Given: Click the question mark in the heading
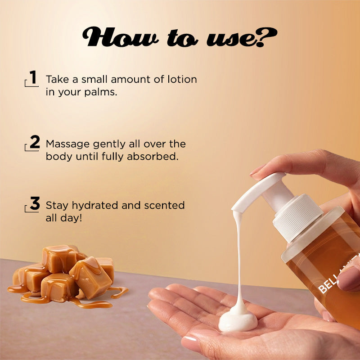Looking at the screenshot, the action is click(x=266, y=37).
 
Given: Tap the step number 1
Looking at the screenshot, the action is click(x=33, y=77).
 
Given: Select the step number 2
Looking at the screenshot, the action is click(x=35, y=142).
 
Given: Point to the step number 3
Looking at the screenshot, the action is click(x=35, y=203).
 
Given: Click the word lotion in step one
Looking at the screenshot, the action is click(x=182, y=79).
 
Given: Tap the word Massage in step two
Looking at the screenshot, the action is click(x=67, y=144).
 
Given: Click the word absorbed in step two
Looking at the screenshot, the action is click(x=153, y=156).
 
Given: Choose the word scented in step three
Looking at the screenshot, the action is click(x=164, y=205).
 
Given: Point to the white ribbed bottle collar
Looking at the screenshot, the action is click(x=297, y=218).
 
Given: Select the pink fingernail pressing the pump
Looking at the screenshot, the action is click(x=256, y=171).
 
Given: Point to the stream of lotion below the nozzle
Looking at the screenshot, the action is click(x=239, y=257).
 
